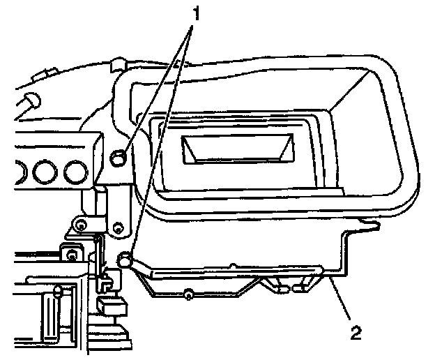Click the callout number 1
pos(197,13)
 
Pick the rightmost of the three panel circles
pos(72,171)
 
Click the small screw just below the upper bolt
pos(118,227)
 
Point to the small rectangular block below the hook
pos(110,306)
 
